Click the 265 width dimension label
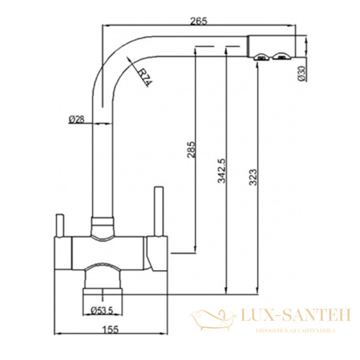199,21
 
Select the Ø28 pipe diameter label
76,119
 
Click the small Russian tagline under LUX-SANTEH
295,331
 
